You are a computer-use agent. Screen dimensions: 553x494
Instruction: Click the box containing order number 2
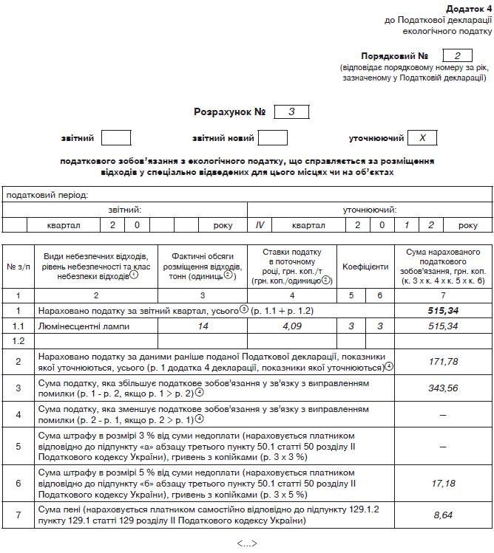(457, 55)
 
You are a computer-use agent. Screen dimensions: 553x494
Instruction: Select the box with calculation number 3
(291, 112)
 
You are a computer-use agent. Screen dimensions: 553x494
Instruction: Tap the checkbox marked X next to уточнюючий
(422, 138)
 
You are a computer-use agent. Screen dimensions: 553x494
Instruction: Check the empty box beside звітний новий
(272, 138)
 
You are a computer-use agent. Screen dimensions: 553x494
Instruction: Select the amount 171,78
(443, 361)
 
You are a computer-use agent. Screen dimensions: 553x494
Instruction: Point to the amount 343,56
(443, 388)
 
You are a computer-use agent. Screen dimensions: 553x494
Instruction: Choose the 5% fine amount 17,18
(443, 484)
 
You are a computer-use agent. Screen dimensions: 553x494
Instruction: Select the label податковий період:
(47, 195)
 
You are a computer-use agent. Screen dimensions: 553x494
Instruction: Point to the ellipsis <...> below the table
(246, 543)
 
